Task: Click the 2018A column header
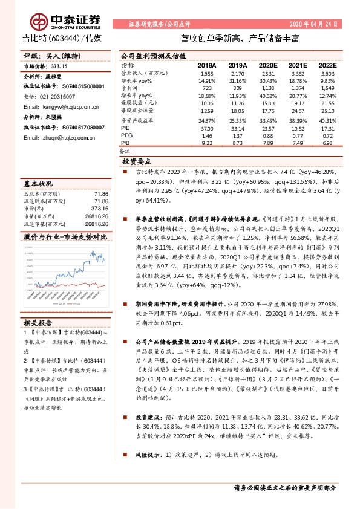coord(207,65)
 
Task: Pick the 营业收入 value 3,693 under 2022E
coord(326,73)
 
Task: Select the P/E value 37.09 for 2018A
coord(206,128)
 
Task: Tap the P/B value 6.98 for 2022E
coord(327,143)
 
